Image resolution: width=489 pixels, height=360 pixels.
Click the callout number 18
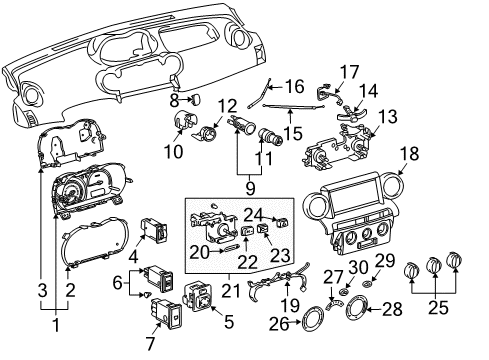tap(409, 152)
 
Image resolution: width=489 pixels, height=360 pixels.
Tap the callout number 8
tap(174, 100)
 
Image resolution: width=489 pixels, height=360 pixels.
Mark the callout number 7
tap(150, 342)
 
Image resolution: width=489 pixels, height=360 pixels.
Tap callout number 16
tap(295, 87)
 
